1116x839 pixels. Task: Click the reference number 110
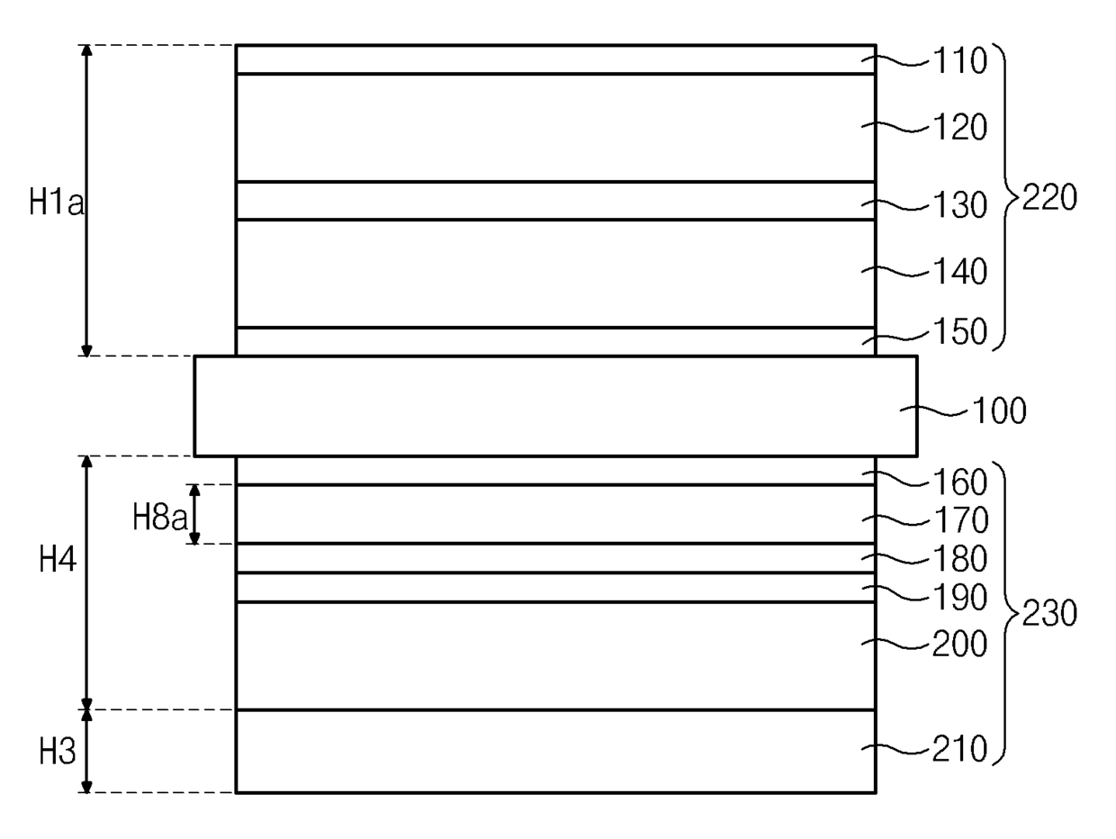[x=959, y=62]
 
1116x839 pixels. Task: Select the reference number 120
[x=959, y=129]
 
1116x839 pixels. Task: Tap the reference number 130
[x=959, y=206]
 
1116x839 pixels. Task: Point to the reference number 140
[x=959, y=271]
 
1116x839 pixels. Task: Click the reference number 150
[x=959, y=332]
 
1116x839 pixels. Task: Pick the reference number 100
[x=997, y=412]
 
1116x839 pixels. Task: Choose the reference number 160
[x=959, y=483]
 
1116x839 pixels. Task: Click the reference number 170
[x=959, y=520]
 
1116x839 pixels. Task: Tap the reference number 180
[x=959, y=559]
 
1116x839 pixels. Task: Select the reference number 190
[x=959, y=598]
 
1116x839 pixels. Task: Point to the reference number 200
[x=959, y=645]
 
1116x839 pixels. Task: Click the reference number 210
[x=959, y=749]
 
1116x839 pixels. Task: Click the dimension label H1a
[x=56, y=203]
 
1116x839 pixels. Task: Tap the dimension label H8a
[x=159, y=518]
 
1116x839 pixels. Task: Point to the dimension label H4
[x=58, y=561]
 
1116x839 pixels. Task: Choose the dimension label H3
[x=58, y=752]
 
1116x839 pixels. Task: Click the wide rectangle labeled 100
[x=555, y=406]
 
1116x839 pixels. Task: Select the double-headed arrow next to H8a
[x=194, y=514]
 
